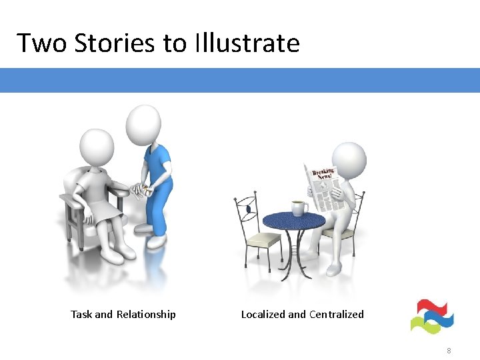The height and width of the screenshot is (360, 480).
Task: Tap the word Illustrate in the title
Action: point(247,43)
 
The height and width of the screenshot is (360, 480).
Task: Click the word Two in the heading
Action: point(42,43)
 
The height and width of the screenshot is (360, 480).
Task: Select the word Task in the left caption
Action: point(81,314)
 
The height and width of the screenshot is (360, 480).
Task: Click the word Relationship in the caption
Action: point(146,314)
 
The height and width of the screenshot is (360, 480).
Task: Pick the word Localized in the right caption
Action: point(263,314)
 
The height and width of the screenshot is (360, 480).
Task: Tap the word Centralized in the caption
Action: point(336,314)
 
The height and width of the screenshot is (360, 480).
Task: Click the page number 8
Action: point(449,350)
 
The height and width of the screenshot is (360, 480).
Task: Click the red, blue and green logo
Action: point(432,316)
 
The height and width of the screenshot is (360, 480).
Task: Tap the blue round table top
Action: point(293,221)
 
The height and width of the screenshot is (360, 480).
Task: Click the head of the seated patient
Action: point(97,146)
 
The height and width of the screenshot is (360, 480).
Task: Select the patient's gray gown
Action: point(100,193)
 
